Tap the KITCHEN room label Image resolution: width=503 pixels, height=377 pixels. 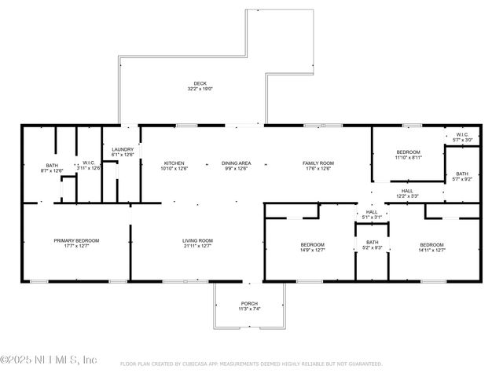(174, 163)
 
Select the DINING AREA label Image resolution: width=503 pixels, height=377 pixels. (236, 163)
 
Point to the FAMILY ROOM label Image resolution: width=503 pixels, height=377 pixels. (318, 163)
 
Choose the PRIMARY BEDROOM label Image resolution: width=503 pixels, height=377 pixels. (76, 240)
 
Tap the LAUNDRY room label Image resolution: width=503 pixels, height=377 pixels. (123, 149)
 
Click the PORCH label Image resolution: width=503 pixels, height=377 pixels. (249, 304)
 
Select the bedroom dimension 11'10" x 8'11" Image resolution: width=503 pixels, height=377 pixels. (408, 157)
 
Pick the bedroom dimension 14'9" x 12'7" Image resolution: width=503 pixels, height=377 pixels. (312, 251)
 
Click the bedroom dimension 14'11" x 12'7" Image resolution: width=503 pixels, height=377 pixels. (432, 251)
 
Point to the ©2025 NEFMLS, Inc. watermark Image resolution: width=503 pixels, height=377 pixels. (49, 360)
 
